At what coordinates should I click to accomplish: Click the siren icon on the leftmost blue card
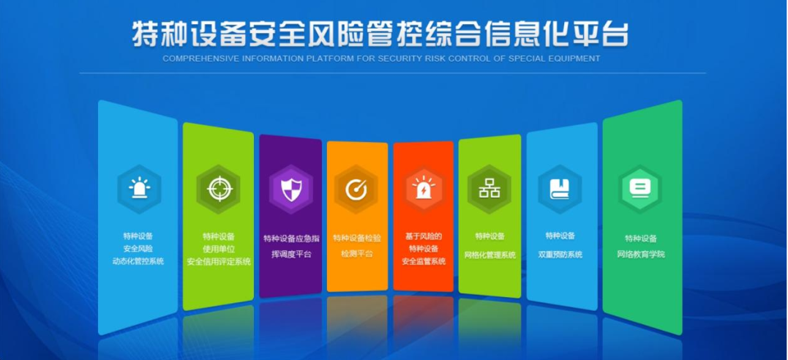click(x=139, y=189)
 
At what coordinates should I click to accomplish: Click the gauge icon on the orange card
click(x=357, y=190)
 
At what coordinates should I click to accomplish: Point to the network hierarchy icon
click(x=489, y=188)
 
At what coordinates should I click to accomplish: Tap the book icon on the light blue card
click(x=559, y=189)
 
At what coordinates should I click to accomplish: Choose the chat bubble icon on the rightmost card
click(x=639, y=189)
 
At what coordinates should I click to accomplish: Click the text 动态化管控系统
click(x=138, y=261)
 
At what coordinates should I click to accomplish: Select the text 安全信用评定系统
click(x=219, y=261)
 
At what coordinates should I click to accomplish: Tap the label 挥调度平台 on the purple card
click(x=291, y=254)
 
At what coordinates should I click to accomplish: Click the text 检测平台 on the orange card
click(x=357, y=253)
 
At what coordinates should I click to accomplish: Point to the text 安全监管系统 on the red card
click(x=424, y=261)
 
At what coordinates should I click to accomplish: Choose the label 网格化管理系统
click(x=490, y=255)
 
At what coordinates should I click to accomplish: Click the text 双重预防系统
click(x=560, y=255)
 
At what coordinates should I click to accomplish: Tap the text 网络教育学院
click(x=641, y=255)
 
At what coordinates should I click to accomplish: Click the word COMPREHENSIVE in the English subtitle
click(x=196, y=59)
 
